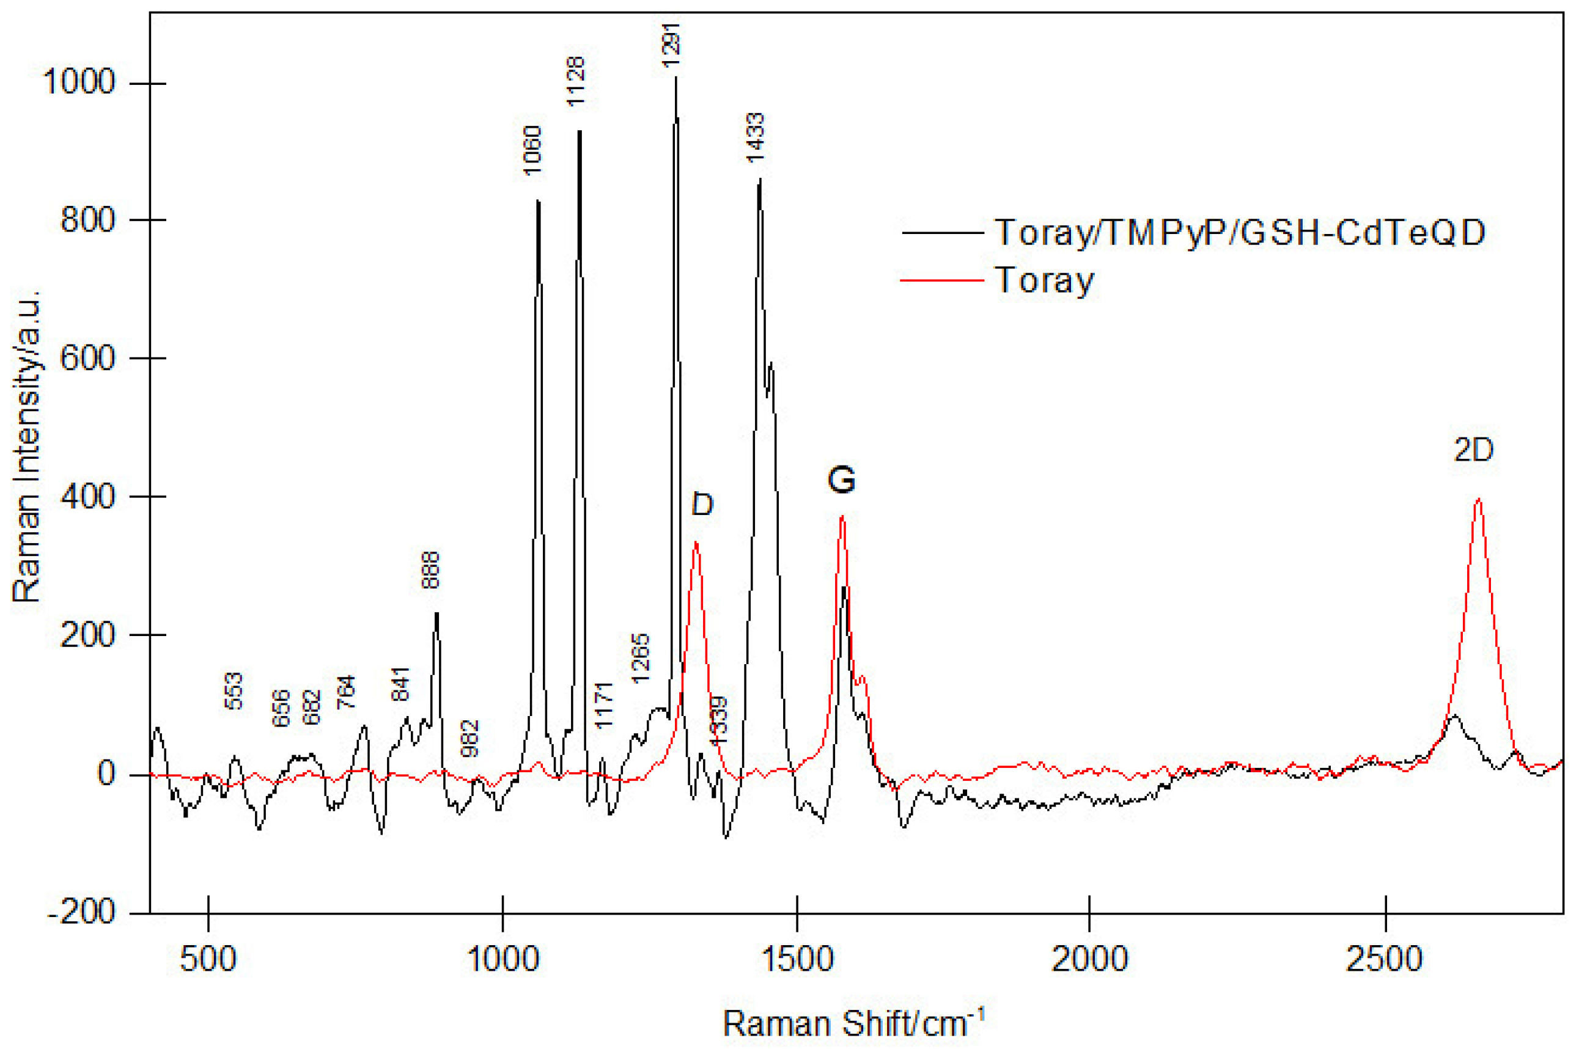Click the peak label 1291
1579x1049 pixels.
(x=671, y=44)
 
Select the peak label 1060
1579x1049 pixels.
(x=531, y=150)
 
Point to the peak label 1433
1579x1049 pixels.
(x=755, y=138)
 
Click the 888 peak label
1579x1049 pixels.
(x=430, y=570)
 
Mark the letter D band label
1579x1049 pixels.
(x=702, y=504)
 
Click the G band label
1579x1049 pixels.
(x=841, y=480)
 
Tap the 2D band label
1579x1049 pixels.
(x=1473, y=450)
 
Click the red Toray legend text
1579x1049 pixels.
(x=1044, y=280)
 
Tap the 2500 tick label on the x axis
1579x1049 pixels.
(x=1383, y=959)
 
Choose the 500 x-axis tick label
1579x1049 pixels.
(x=208, y=959)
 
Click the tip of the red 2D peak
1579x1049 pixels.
(x=1479, y=499)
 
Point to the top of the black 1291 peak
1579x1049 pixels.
(x=676, y=78)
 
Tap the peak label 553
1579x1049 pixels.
(x=233, y=690)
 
